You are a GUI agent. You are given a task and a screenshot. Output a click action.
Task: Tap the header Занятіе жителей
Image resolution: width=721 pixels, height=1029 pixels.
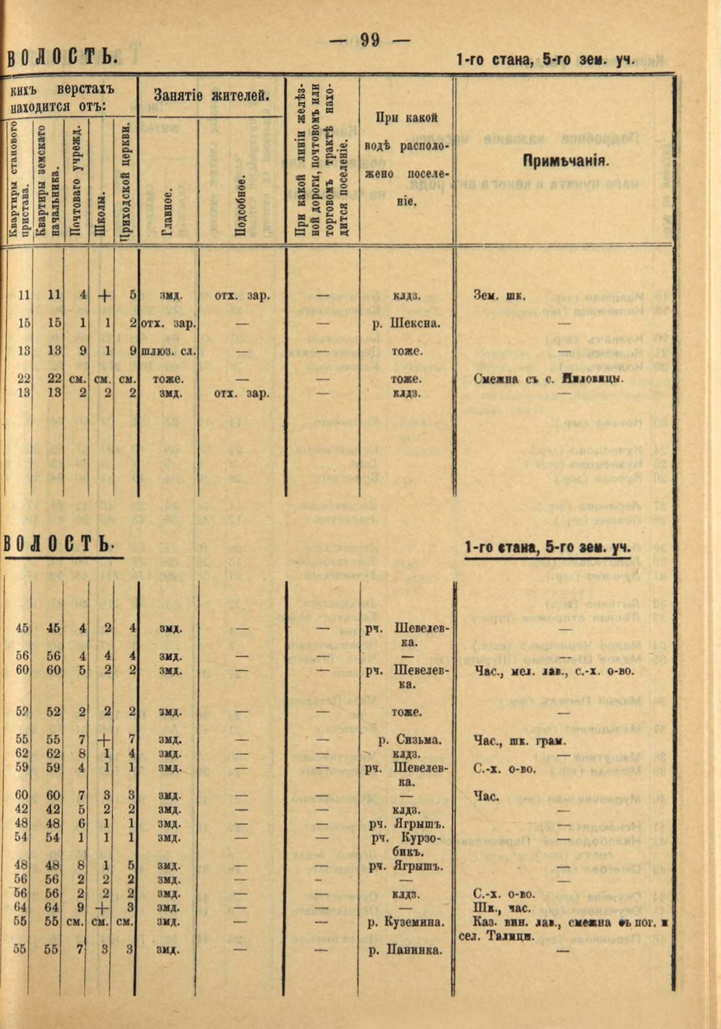[x=211, y=95]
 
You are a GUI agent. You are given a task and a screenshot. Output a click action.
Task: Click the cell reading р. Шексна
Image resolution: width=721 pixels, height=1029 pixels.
[x=407, y=323]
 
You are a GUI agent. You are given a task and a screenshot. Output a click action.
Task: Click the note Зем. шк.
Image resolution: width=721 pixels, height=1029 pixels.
[x=499, y=296]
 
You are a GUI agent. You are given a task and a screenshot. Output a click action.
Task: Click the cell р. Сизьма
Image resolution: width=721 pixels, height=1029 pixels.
[x=409, y=740]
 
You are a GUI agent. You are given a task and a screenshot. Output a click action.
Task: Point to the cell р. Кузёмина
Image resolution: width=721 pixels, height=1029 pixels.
[x=406, y=922]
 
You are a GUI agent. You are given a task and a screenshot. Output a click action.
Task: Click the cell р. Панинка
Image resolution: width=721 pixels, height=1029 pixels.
[x=406, y=950]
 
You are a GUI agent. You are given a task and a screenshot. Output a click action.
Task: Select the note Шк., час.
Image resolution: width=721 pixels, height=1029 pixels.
[x=497, y=908]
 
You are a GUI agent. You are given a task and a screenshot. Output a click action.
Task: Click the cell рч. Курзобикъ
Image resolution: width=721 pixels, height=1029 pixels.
[x=406, y=844]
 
